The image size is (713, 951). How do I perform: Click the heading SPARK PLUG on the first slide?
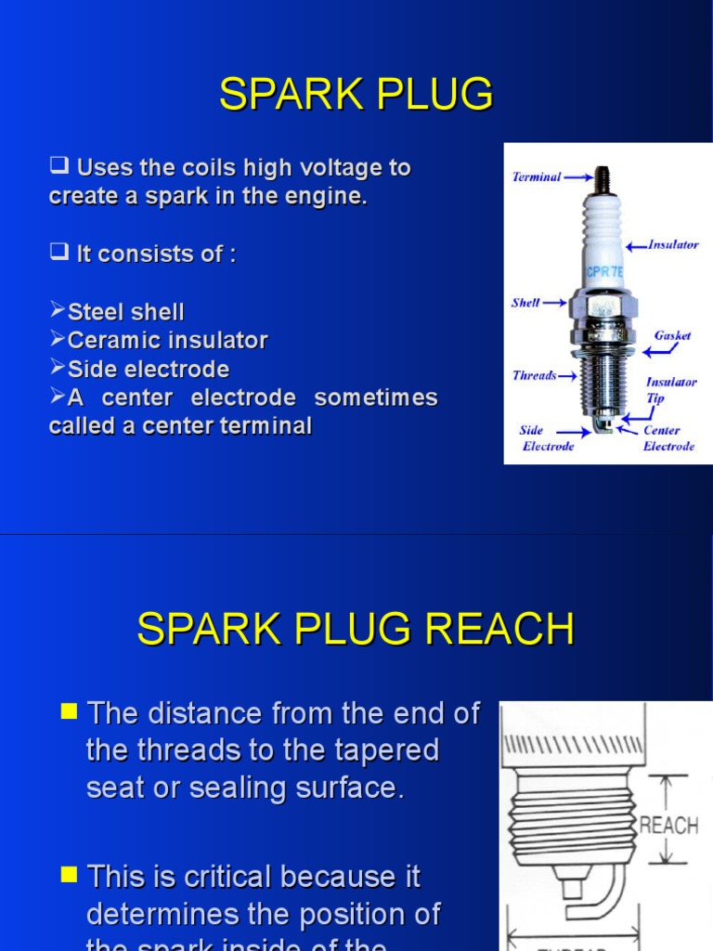coord(356,95)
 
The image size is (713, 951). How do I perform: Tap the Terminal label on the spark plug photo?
coord(537,176)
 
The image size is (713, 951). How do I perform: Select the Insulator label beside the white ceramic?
coord(673,245)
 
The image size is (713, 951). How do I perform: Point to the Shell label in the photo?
coord(525,303)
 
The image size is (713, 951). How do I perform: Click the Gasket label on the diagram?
coord(672,335)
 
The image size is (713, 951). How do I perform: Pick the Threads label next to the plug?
coord(535,375)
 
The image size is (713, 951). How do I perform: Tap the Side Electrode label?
coord(547,438)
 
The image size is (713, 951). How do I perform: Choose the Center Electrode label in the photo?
coord(668,438)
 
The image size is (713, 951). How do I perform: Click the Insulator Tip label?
coord(671,388)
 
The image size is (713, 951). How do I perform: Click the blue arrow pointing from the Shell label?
coord(555,303)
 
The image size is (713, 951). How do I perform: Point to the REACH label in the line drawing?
coord(668,825)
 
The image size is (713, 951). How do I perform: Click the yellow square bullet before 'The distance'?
coord(68,711)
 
